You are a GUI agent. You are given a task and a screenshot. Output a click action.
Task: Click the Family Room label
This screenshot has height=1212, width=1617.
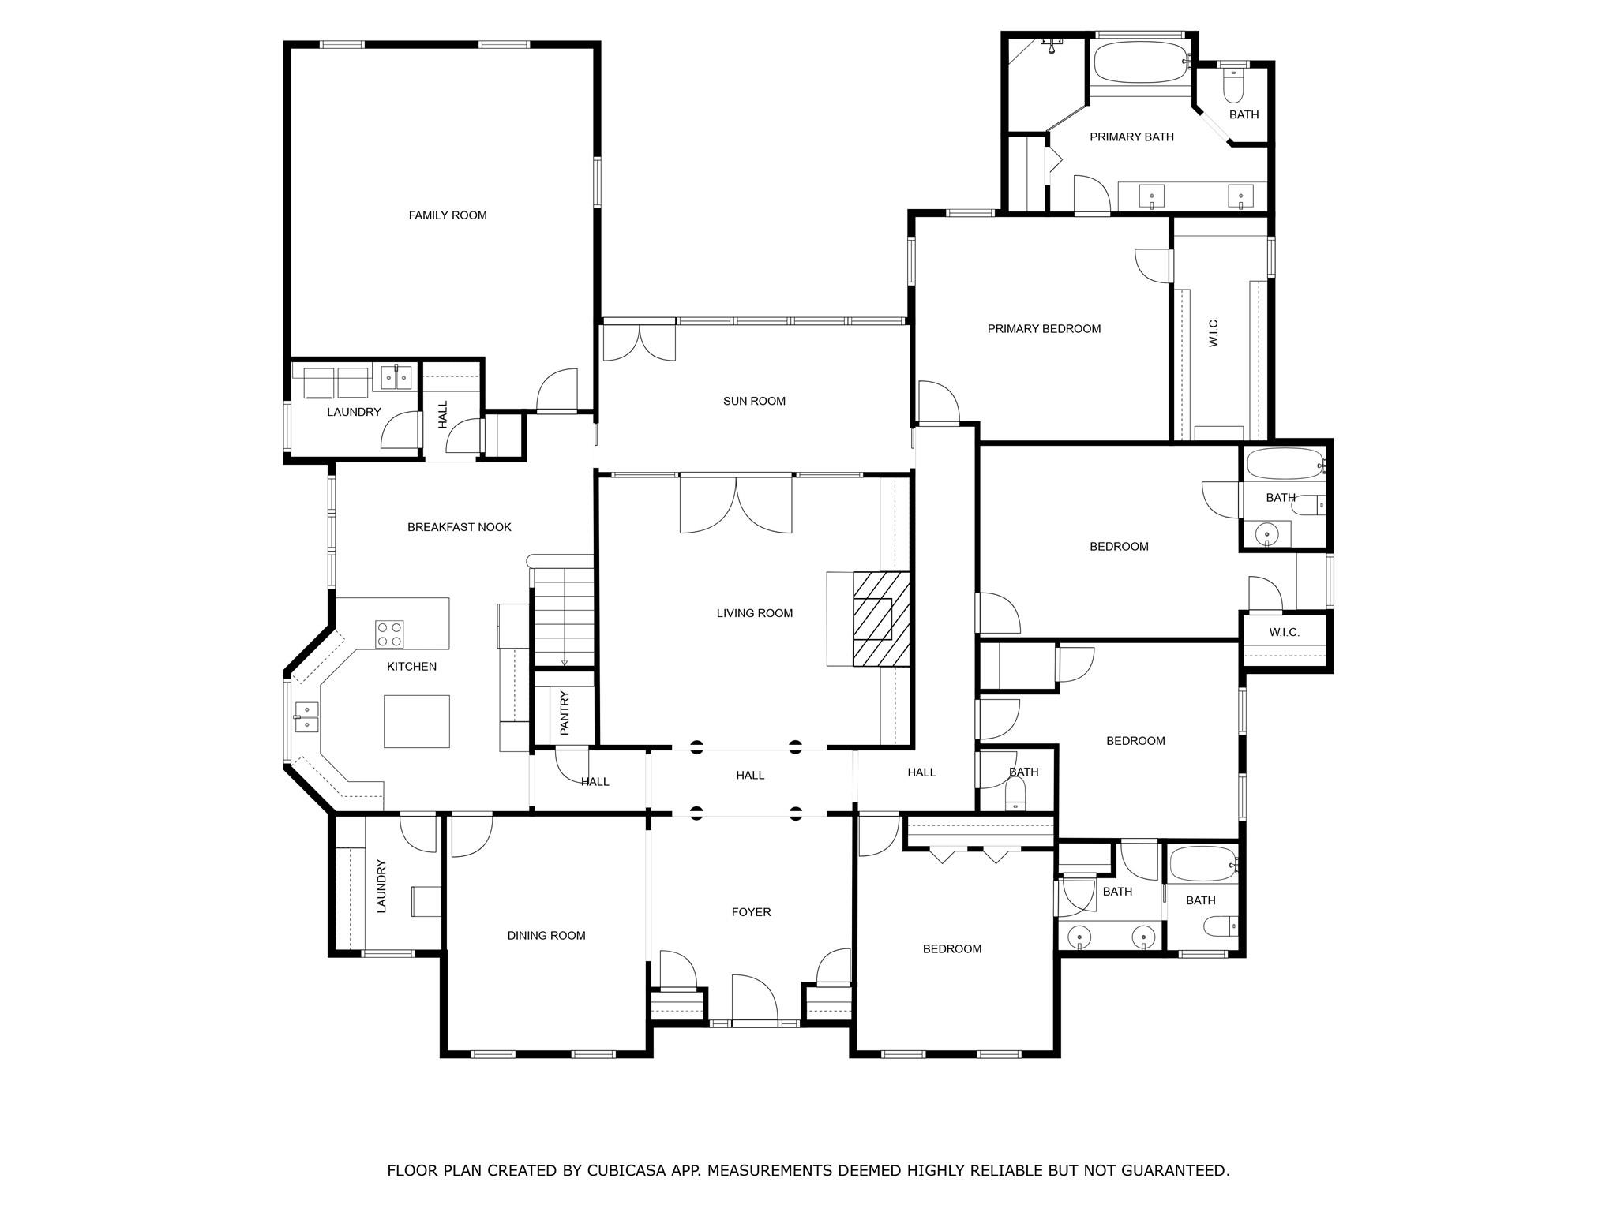click(448, 215)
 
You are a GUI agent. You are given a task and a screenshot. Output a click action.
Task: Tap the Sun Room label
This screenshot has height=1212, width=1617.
click(754, 401)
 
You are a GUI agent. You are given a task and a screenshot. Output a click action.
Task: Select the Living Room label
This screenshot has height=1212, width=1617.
click(755, 613)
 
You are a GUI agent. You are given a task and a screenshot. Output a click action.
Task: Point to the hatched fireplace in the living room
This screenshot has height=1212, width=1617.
click(881, 619)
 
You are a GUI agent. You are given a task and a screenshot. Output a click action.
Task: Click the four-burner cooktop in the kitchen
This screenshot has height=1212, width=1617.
click(389, 633)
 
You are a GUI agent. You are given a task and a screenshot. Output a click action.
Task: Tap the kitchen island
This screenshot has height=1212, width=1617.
click(417, 721)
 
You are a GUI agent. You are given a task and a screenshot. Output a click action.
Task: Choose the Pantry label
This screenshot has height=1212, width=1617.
click(565, 713)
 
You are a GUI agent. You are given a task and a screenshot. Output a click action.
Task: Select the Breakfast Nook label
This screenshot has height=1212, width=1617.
click(460, 527)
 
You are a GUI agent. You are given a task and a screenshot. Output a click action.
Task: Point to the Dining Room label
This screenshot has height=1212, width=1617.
click(546, 936)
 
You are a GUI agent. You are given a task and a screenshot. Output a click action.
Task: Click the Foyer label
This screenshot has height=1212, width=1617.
click(751, 912)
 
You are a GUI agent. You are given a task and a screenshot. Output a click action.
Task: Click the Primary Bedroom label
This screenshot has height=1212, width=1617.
click(1044, 329)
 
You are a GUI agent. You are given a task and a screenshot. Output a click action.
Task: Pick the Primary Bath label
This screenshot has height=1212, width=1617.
click(1131, 137)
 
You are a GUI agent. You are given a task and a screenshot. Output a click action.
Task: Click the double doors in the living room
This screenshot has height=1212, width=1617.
click(736, 503)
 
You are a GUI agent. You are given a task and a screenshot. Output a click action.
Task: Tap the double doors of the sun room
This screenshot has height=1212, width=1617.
click(640, 341)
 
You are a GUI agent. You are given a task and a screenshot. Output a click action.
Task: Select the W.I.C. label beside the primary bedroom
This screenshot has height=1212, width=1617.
click(1214, 331)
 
